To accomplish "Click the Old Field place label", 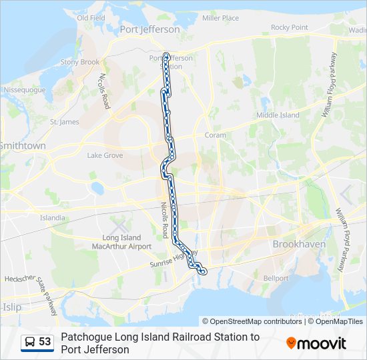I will (91, 18).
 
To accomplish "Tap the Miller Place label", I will (220, 18).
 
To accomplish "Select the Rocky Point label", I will (290, 27).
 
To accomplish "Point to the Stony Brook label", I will (80, 62).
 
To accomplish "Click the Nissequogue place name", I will (24, 89).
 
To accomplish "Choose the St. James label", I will (64, 122).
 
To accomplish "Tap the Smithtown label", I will (22, 145).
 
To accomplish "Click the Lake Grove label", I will (105, 155).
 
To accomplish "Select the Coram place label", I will (216, 135).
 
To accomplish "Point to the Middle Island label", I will (278, 115).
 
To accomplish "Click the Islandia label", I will (53, 217).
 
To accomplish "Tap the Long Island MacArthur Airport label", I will (121, 242).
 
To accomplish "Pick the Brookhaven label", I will (299, 244).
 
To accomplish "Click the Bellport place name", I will (276, 278).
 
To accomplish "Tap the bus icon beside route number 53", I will (30, 342).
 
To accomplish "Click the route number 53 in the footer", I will (45, 342).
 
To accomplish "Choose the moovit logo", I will (316, 343).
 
